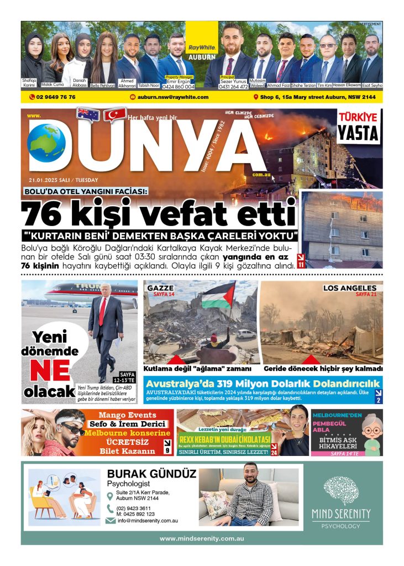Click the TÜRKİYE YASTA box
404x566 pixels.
tap(359, 127)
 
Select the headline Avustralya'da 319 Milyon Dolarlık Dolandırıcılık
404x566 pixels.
tap(263, 384)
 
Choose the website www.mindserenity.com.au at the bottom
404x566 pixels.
tap(202, 538)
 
